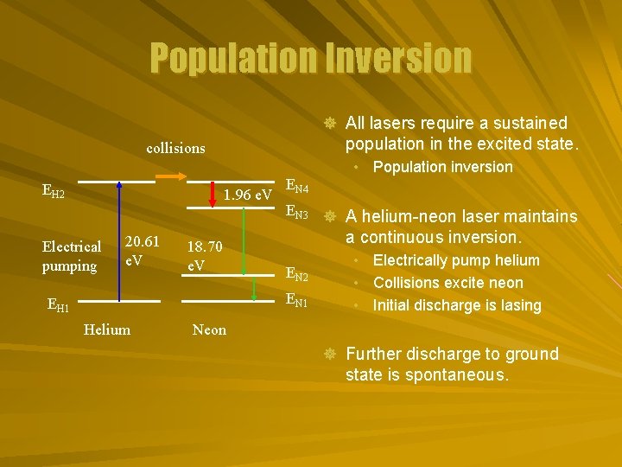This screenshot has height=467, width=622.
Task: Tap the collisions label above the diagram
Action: tap(176, 148)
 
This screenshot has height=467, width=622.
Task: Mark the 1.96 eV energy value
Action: tap(249, 195)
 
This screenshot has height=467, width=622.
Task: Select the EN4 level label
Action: tap(296, 186)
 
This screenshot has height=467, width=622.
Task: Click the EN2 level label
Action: tap(296, 276)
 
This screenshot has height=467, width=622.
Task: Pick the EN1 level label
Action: tap(296, 301)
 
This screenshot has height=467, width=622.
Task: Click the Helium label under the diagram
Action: tap(107, 329)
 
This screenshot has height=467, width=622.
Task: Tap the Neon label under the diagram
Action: tap(209, 329)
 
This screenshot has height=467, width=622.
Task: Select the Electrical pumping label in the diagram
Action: tap(71, 257)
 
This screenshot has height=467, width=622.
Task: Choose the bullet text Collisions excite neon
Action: tap(447, 283)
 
